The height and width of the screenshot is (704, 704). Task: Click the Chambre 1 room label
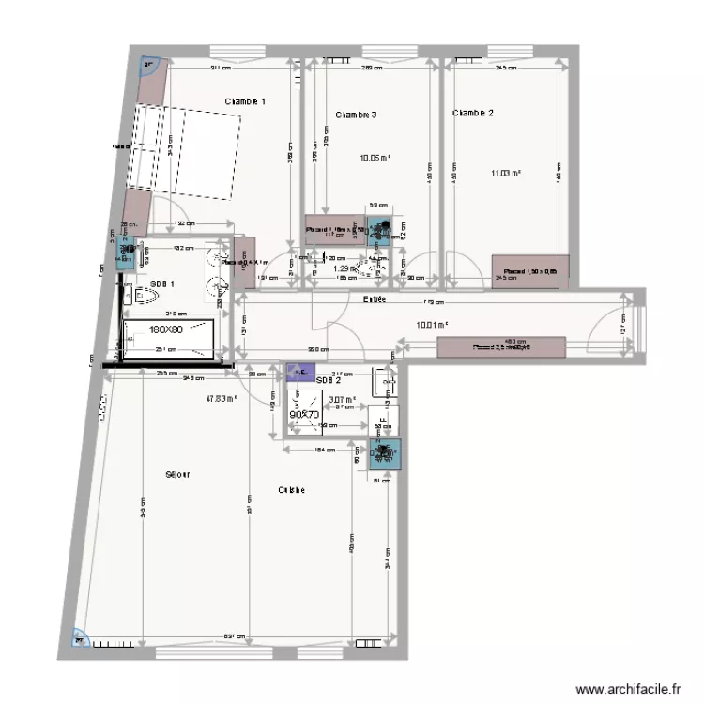point(245,101)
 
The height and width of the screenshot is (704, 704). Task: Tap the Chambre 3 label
point(356,115)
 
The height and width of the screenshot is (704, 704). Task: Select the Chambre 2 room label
point(472,113)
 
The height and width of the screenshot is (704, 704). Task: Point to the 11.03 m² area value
point(506,173)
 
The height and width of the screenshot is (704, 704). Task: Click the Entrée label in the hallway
point(376,299)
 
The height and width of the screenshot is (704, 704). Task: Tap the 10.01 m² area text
point(432,327)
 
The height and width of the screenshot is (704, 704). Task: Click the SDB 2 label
point(328,380)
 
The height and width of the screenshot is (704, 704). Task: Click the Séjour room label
point(176,475)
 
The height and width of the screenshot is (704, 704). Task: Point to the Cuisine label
point(291,490)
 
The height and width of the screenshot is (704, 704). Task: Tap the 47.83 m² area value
point(221,398)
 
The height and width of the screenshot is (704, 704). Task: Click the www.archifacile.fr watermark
point(628,688)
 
